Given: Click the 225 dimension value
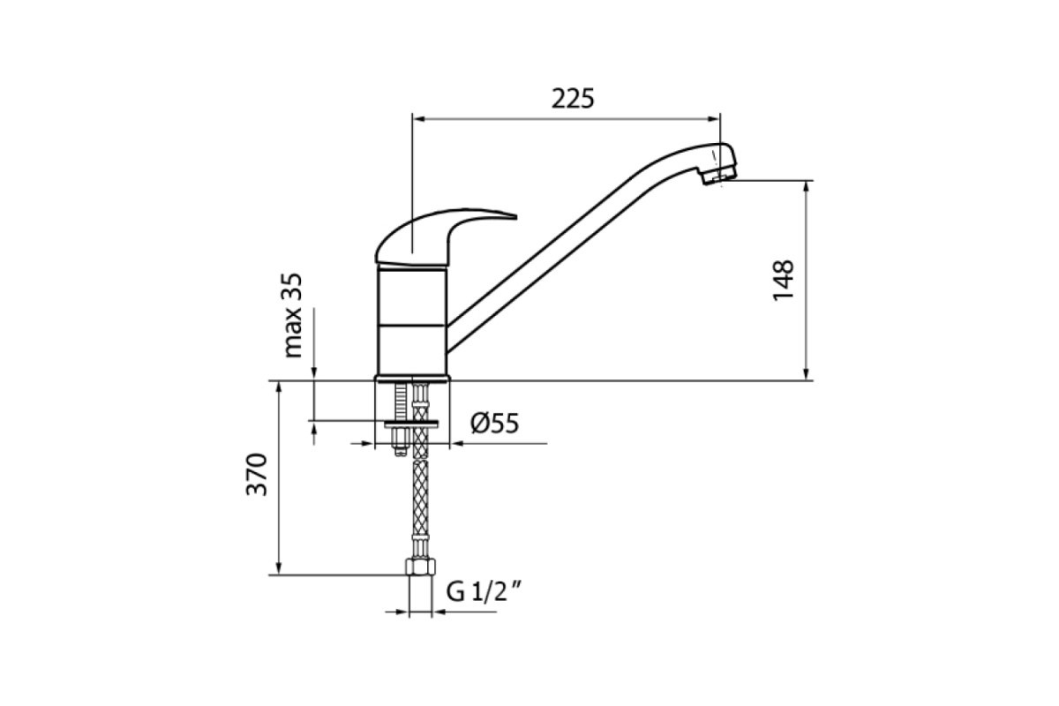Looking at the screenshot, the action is tap(573, 100).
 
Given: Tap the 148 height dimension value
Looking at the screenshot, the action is tap(784, 281).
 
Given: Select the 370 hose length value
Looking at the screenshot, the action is tap(257, 474).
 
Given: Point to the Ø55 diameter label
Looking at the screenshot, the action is tap(495, 424).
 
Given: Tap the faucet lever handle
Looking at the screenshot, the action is tap(445, 236).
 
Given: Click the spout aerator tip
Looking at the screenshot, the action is tap(718, 175).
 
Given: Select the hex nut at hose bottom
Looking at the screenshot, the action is tap(421, 567).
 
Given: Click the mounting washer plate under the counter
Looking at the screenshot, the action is tap(411, 424).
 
